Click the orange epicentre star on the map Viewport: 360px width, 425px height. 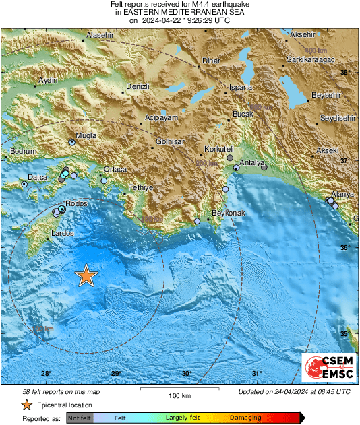coord(86,275)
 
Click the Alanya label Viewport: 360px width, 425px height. coord(342,195)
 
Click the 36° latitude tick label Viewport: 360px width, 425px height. coord(344,249)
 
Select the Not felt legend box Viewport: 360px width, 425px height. coord(80,418)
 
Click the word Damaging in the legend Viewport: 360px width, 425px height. coord(245,418)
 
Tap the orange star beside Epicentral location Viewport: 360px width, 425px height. coord(26,405)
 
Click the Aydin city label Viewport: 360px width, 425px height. coord(48,80)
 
